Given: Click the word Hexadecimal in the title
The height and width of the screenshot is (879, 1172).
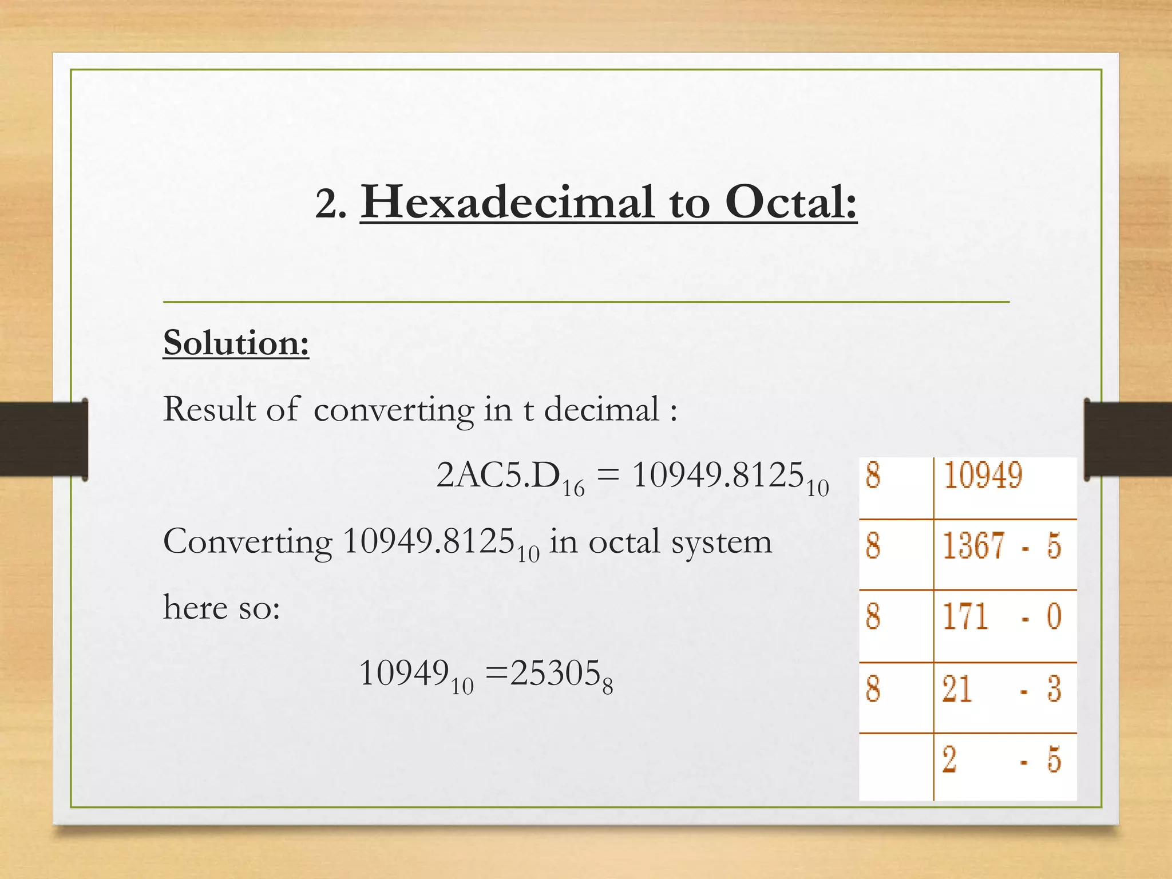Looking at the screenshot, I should coord(507,203).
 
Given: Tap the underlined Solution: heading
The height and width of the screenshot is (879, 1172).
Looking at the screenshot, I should coord(236,343).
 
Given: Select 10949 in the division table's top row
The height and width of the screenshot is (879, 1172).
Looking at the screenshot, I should coord(983,476).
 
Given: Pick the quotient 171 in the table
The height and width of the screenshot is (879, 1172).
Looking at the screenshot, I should coord(965,617).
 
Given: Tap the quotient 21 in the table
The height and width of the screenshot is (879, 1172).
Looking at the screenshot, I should coord(957,689).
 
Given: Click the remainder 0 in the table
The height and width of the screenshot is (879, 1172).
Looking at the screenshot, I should coord(1054,617).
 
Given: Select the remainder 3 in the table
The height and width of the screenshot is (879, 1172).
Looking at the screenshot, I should coord(1054,689).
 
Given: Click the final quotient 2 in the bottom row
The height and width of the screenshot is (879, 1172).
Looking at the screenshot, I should coord(949,760).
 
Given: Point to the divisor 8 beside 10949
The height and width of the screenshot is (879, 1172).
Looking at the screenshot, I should coord(873,476).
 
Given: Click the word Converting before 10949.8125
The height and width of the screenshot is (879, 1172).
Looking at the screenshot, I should coord(247,541).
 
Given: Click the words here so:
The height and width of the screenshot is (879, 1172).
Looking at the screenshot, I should coord(221,608).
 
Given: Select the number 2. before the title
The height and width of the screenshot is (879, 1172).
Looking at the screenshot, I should coord(331,205).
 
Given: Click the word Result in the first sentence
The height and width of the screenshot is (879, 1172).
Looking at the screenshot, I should coord(209,410).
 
